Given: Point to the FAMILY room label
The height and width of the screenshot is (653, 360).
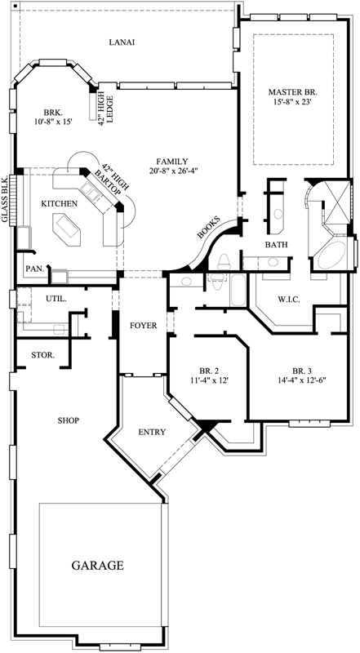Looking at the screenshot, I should coord(175,161).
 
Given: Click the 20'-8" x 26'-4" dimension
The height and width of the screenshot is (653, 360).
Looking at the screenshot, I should coord(175,171).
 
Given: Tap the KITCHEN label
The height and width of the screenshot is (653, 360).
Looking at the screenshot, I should coord(60,203).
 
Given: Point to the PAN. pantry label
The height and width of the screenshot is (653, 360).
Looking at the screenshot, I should coord(34,268).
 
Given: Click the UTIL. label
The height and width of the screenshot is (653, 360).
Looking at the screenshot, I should coord(56,299).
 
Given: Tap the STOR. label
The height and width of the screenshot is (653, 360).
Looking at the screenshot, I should coord(42,355).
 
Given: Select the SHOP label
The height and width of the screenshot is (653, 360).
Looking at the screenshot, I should coord(67,420).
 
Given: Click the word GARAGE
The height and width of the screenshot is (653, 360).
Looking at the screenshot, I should coord(97,565).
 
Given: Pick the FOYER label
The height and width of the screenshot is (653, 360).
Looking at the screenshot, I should coord(143,326).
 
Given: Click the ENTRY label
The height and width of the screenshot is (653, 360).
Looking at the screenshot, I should coord(153,432).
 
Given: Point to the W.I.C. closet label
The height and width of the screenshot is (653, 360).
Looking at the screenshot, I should coord(289,300).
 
